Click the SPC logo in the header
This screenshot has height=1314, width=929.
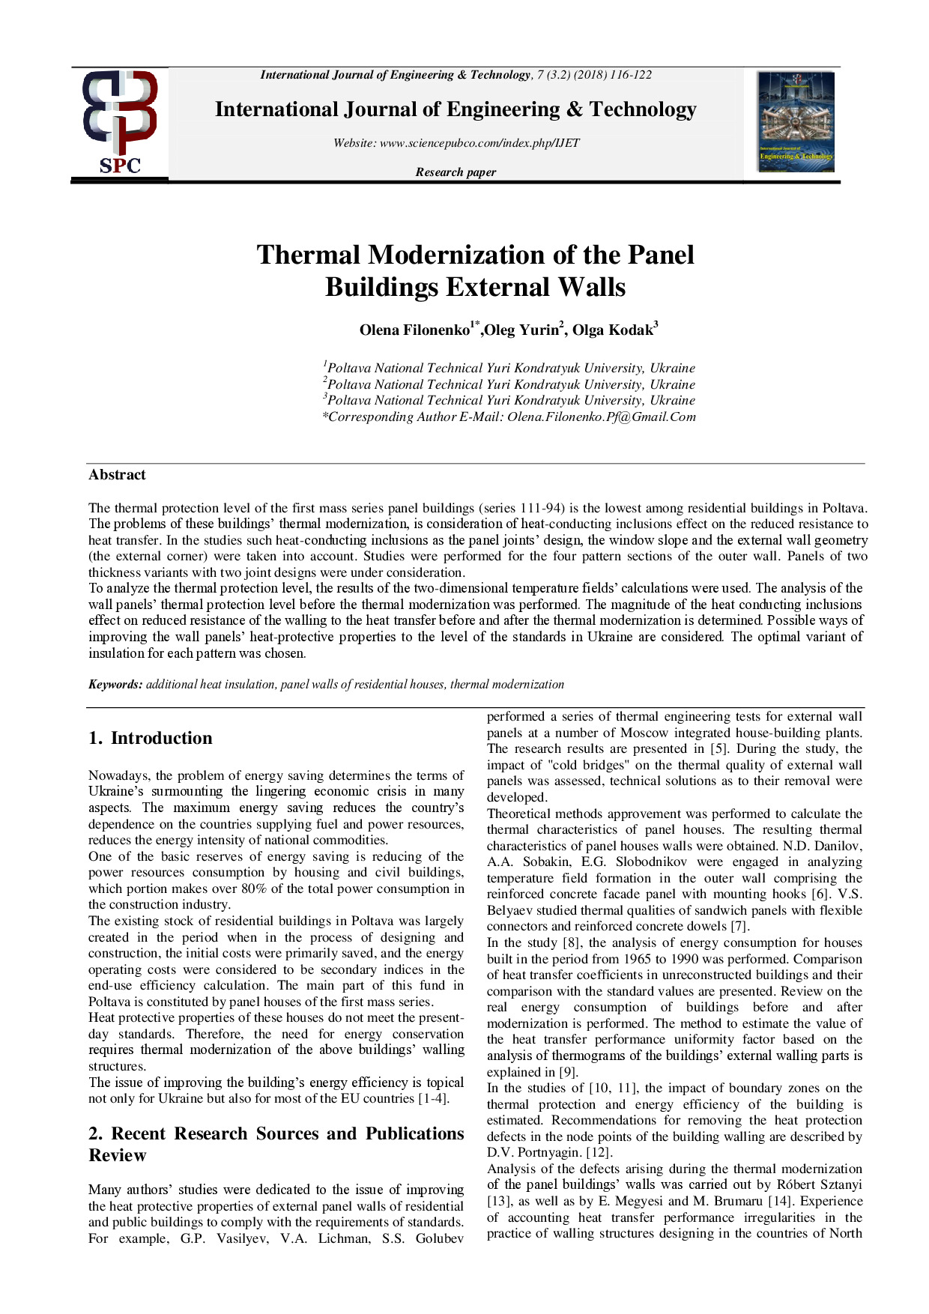[x=120, y=123]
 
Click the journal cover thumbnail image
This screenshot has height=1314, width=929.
[x=796, y=121]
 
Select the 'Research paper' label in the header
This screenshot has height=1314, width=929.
[x=456, y=172]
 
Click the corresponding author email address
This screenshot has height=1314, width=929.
[x=602, y=417]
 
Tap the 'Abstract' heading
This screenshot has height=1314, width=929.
[x=117, y=475]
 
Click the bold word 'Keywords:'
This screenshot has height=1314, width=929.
[x=115, y=684]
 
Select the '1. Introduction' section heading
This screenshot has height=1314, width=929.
[x=151, y=738]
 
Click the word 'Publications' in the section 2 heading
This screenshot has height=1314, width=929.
[x=414, y=1133]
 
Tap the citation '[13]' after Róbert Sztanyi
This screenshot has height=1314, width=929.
[x=499, y=1202]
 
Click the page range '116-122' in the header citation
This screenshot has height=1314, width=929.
[x=631, y=75]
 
